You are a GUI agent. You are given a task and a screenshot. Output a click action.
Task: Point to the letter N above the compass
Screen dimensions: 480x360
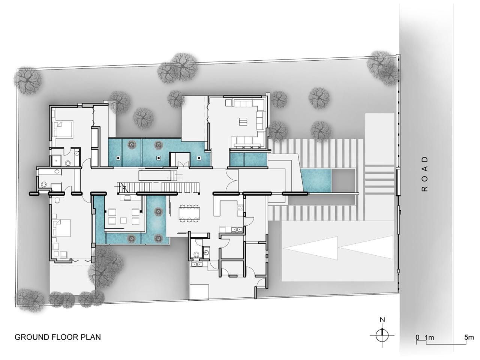[382, 320]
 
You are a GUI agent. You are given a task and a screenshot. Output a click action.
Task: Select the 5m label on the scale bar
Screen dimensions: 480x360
[469, 337]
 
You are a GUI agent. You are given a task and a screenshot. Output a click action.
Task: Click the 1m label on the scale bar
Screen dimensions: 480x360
[429, 337]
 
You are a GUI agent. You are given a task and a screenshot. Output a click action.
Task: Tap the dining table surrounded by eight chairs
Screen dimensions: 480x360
[189, 213]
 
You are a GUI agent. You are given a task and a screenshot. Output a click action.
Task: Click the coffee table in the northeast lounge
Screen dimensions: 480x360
[243, 121]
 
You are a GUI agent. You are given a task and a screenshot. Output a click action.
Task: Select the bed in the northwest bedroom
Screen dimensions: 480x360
[63, 129]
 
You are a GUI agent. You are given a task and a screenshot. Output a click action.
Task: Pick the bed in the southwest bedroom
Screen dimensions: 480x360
[61, 228]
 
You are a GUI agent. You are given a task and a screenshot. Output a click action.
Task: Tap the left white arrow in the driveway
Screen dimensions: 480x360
[310, 248]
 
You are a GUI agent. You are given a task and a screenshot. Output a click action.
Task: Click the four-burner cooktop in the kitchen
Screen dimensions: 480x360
[240, 207]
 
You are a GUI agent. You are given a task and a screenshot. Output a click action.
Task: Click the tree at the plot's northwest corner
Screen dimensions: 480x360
[28, 81]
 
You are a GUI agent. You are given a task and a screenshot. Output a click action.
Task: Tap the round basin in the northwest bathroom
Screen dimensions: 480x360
[77, 153]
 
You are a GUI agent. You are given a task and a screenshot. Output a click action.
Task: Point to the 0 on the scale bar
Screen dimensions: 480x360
[418, 337]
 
